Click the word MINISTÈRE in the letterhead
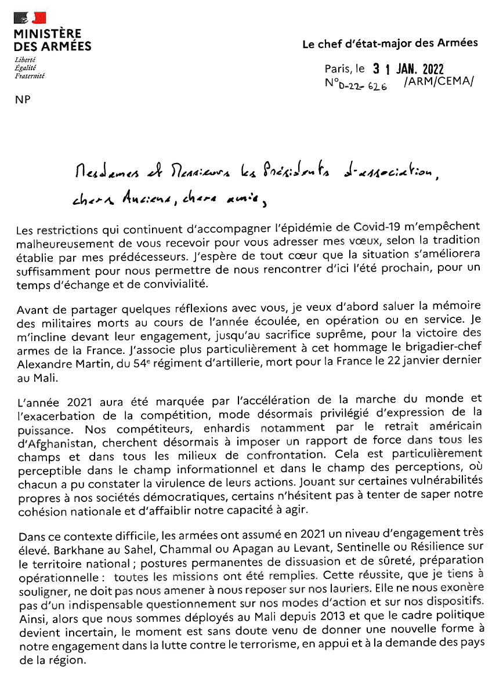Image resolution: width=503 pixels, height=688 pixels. [x=48, y=34]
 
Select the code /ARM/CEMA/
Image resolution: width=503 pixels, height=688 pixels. [x=439, y=82]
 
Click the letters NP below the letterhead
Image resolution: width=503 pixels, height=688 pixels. [x=23, y=99]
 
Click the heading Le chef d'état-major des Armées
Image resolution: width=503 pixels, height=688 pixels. [x=390, y=44]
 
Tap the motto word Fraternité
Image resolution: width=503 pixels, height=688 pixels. [x=30, y=75]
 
